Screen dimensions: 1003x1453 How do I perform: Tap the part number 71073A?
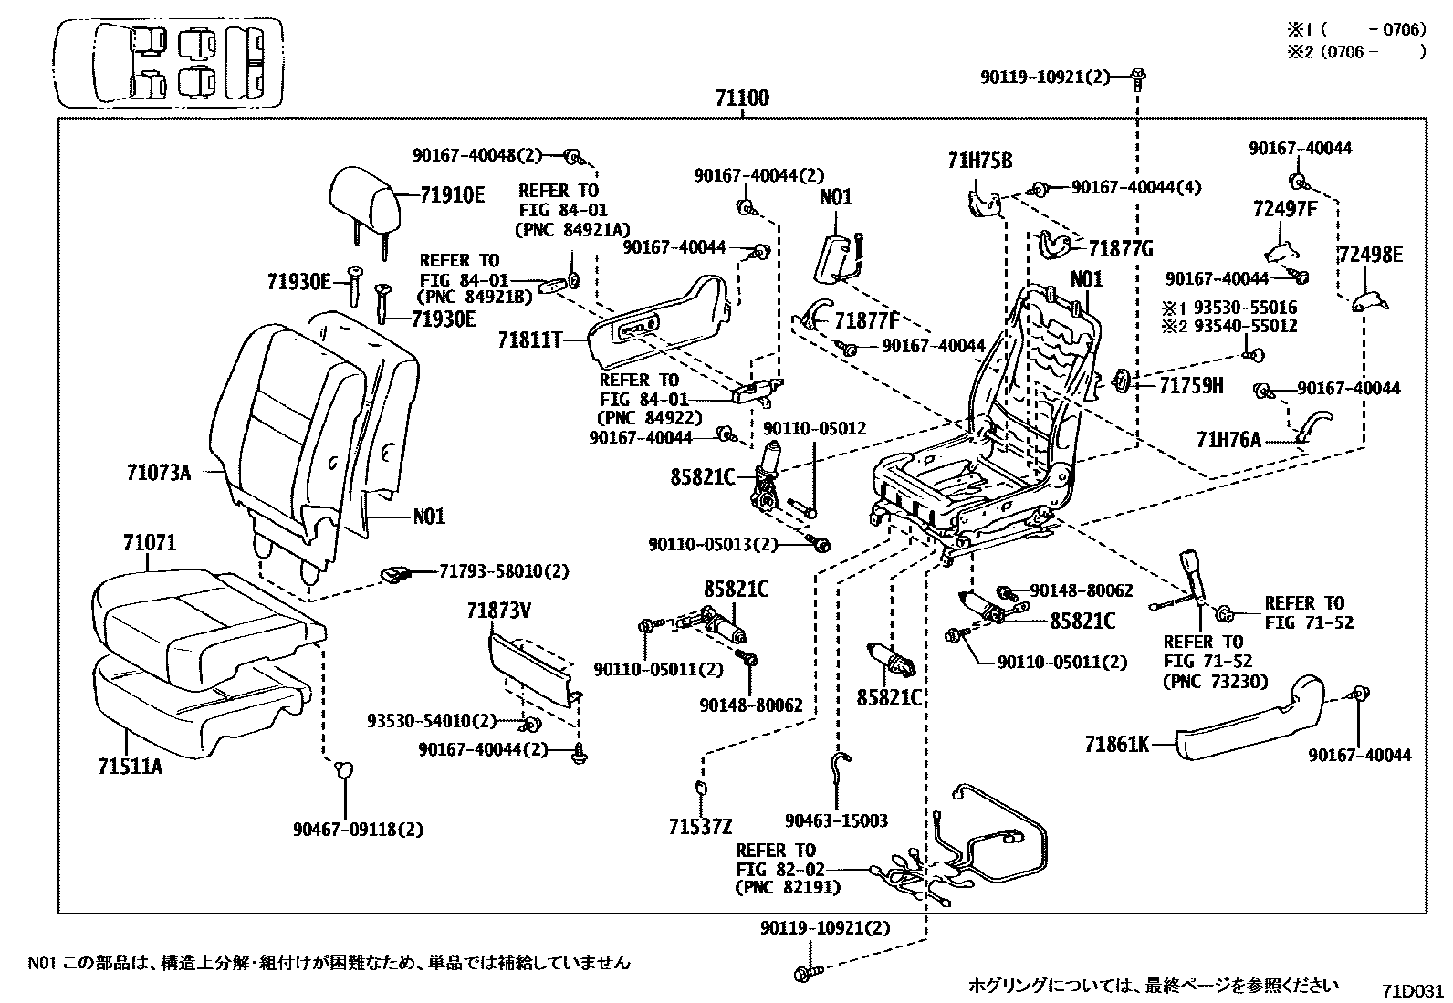[x=159, y=473]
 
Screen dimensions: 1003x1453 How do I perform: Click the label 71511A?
[x=130, y=766]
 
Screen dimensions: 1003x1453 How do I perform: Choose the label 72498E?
[x=1370, y=255]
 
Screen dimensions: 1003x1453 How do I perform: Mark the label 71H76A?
[x=1228, y=440]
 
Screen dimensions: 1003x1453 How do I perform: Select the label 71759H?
[x=1191, y=385]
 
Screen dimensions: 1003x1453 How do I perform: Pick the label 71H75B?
[x=980, y=162]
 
